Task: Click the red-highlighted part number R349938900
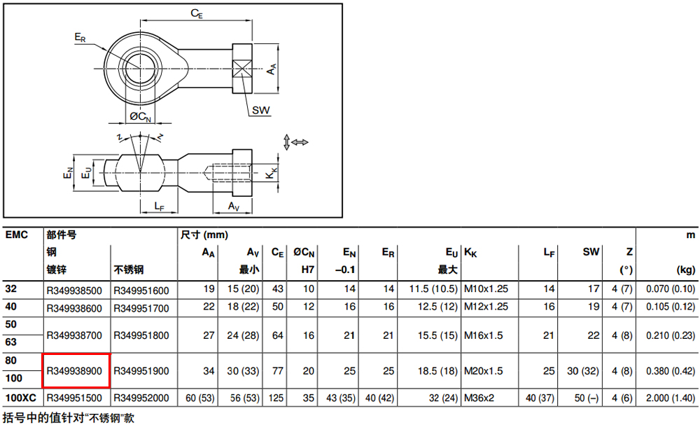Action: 74,371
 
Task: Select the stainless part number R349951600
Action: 141,291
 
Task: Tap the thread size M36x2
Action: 479,398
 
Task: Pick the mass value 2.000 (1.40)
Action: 671,398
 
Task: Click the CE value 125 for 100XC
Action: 276,398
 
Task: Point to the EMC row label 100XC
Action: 20,397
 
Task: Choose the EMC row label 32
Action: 11,288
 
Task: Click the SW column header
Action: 591,252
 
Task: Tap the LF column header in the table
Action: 549,253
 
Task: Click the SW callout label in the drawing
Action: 260,110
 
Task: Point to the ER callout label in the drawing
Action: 80,38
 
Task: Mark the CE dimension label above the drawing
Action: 197,14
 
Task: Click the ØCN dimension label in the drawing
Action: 140,116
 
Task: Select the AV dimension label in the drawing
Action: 234,207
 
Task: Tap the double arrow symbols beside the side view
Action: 295,142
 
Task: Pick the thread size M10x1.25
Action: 486,288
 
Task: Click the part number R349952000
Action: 141,398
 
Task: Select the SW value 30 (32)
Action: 582,371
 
